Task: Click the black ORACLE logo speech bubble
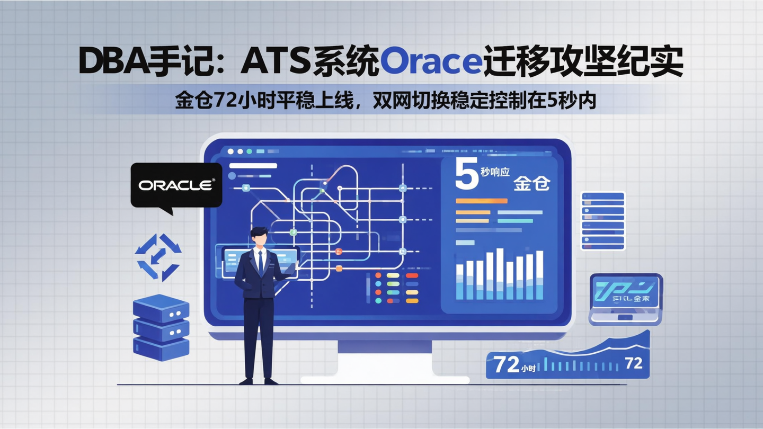pyautogui.click(x=176, y=185)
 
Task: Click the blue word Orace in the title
pyautogui.click(x=430, y=62)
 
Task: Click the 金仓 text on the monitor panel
pyautogui.click(x=531, y=183)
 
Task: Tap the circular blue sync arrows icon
pyautogui.click(x=158, y=257)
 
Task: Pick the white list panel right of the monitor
pyautogui.click(x=603, y=220)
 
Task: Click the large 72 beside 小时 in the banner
pyautogui.click(x=506, y=364)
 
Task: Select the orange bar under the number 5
pyautogui.click(x=481, y=201)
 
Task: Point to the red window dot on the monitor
pyautogui.click(x=230, y=151)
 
